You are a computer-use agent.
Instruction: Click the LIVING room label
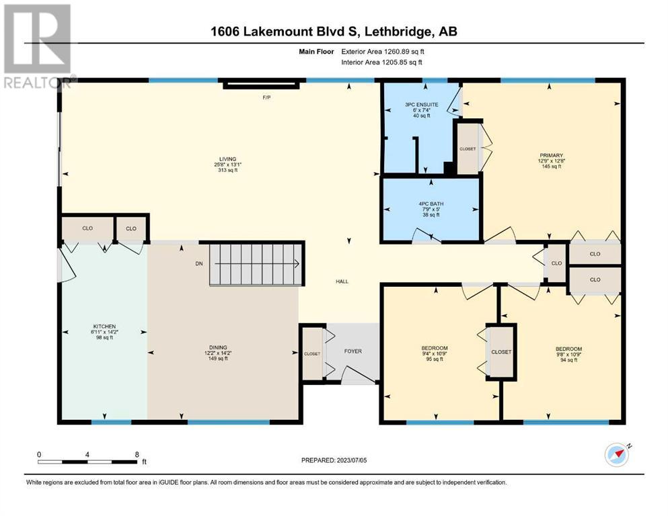click(227, 159)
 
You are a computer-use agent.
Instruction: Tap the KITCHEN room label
click(104, 327)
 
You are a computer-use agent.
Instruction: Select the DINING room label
click(218, 347)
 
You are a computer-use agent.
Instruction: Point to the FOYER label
click(352, 351)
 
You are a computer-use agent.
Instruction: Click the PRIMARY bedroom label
click(551, 155)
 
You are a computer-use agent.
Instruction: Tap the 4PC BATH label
click(431, 204)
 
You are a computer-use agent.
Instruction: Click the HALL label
click(342, 282)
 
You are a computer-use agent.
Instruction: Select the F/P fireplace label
click(266, 97)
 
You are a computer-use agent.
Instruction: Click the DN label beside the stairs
click(199, 264)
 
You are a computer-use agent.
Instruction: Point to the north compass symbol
click(618, 454)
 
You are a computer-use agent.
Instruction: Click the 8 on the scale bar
click(137, 454)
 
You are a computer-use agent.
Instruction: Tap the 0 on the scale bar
click(39, 454)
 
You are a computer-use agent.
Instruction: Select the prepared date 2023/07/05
click(352, 460)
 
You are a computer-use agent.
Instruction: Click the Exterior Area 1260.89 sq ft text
click(383, 52)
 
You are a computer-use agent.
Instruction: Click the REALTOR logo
click(38, 46)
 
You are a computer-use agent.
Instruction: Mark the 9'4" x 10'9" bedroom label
click(435, 353)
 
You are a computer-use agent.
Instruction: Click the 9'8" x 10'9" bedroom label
click(568, 354)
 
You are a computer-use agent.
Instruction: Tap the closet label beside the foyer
click(312, 353)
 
